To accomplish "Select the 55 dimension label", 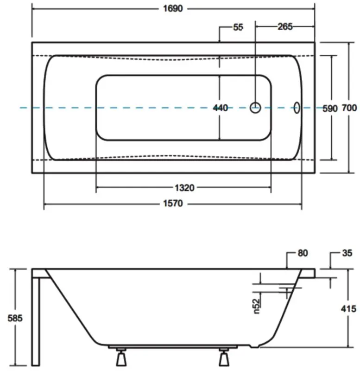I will (238, 27).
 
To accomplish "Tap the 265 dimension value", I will (285, 26).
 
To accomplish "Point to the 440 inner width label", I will (220, 108).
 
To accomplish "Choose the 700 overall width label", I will (349, 108).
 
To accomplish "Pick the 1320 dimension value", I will (184, 188).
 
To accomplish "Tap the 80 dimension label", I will (303, 253).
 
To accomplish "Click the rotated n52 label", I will (257, 305).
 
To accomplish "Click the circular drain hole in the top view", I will (256, 108).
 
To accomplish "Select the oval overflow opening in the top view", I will (297, 108).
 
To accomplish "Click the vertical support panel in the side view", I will (36, 320).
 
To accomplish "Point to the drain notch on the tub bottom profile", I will (253, 345).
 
